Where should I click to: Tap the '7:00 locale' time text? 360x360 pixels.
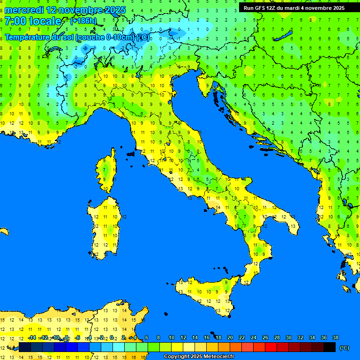tap(33, 21)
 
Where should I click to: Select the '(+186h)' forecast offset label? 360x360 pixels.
tap(83, 21)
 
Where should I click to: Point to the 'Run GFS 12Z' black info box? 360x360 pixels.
tap(293, 7)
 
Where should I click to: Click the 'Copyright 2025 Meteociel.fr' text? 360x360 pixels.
tap(199, 357)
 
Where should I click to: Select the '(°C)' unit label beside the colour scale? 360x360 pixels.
tap(344, 348)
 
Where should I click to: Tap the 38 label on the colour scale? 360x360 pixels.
tap(335, 338)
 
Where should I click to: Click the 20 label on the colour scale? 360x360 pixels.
tap(230, 338)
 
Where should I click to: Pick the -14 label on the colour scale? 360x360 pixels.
tap(32, 338)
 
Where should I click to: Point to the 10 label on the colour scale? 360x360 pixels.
tap(172, 338)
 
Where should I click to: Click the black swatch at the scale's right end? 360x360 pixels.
tap(330, 347)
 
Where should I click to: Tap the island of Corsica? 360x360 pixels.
tap(107, 171)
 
